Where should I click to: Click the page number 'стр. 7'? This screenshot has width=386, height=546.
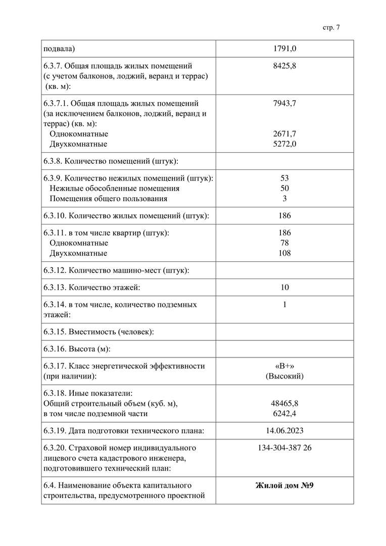point(331,28)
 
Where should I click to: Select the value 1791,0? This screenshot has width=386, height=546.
point(284,49)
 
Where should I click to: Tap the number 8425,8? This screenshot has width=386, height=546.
point(284,66)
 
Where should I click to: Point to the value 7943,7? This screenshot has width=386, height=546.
point(284,104)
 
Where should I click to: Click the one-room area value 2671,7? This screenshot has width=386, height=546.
point(284,134)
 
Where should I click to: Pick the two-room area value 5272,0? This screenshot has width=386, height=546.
point(284,144)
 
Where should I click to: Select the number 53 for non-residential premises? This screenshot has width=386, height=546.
point(284,178)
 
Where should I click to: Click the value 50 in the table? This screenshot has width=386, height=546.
point(284,188)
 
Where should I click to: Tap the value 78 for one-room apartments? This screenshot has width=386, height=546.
point(284,243)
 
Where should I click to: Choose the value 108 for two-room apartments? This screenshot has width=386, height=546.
point(284,253)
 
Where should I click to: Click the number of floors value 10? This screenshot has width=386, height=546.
point(284,288)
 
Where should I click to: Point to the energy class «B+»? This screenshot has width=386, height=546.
point(284,366)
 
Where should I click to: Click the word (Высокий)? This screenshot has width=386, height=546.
point(284,376)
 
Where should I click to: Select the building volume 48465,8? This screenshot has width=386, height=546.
point(284,403)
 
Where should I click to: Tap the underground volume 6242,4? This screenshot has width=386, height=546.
point(284,414)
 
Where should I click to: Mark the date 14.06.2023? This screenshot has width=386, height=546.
point(284,431)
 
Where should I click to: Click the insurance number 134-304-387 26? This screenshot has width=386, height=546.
point(284,448)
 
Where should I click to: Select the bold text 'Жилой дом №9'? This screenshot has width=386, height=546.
point(284,486)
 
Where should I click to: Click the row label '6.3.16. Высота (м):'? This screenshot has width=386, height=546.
point(77,349)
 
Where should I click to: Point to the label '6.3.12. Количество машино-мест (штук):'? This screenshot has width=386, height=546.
point(116,270)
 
